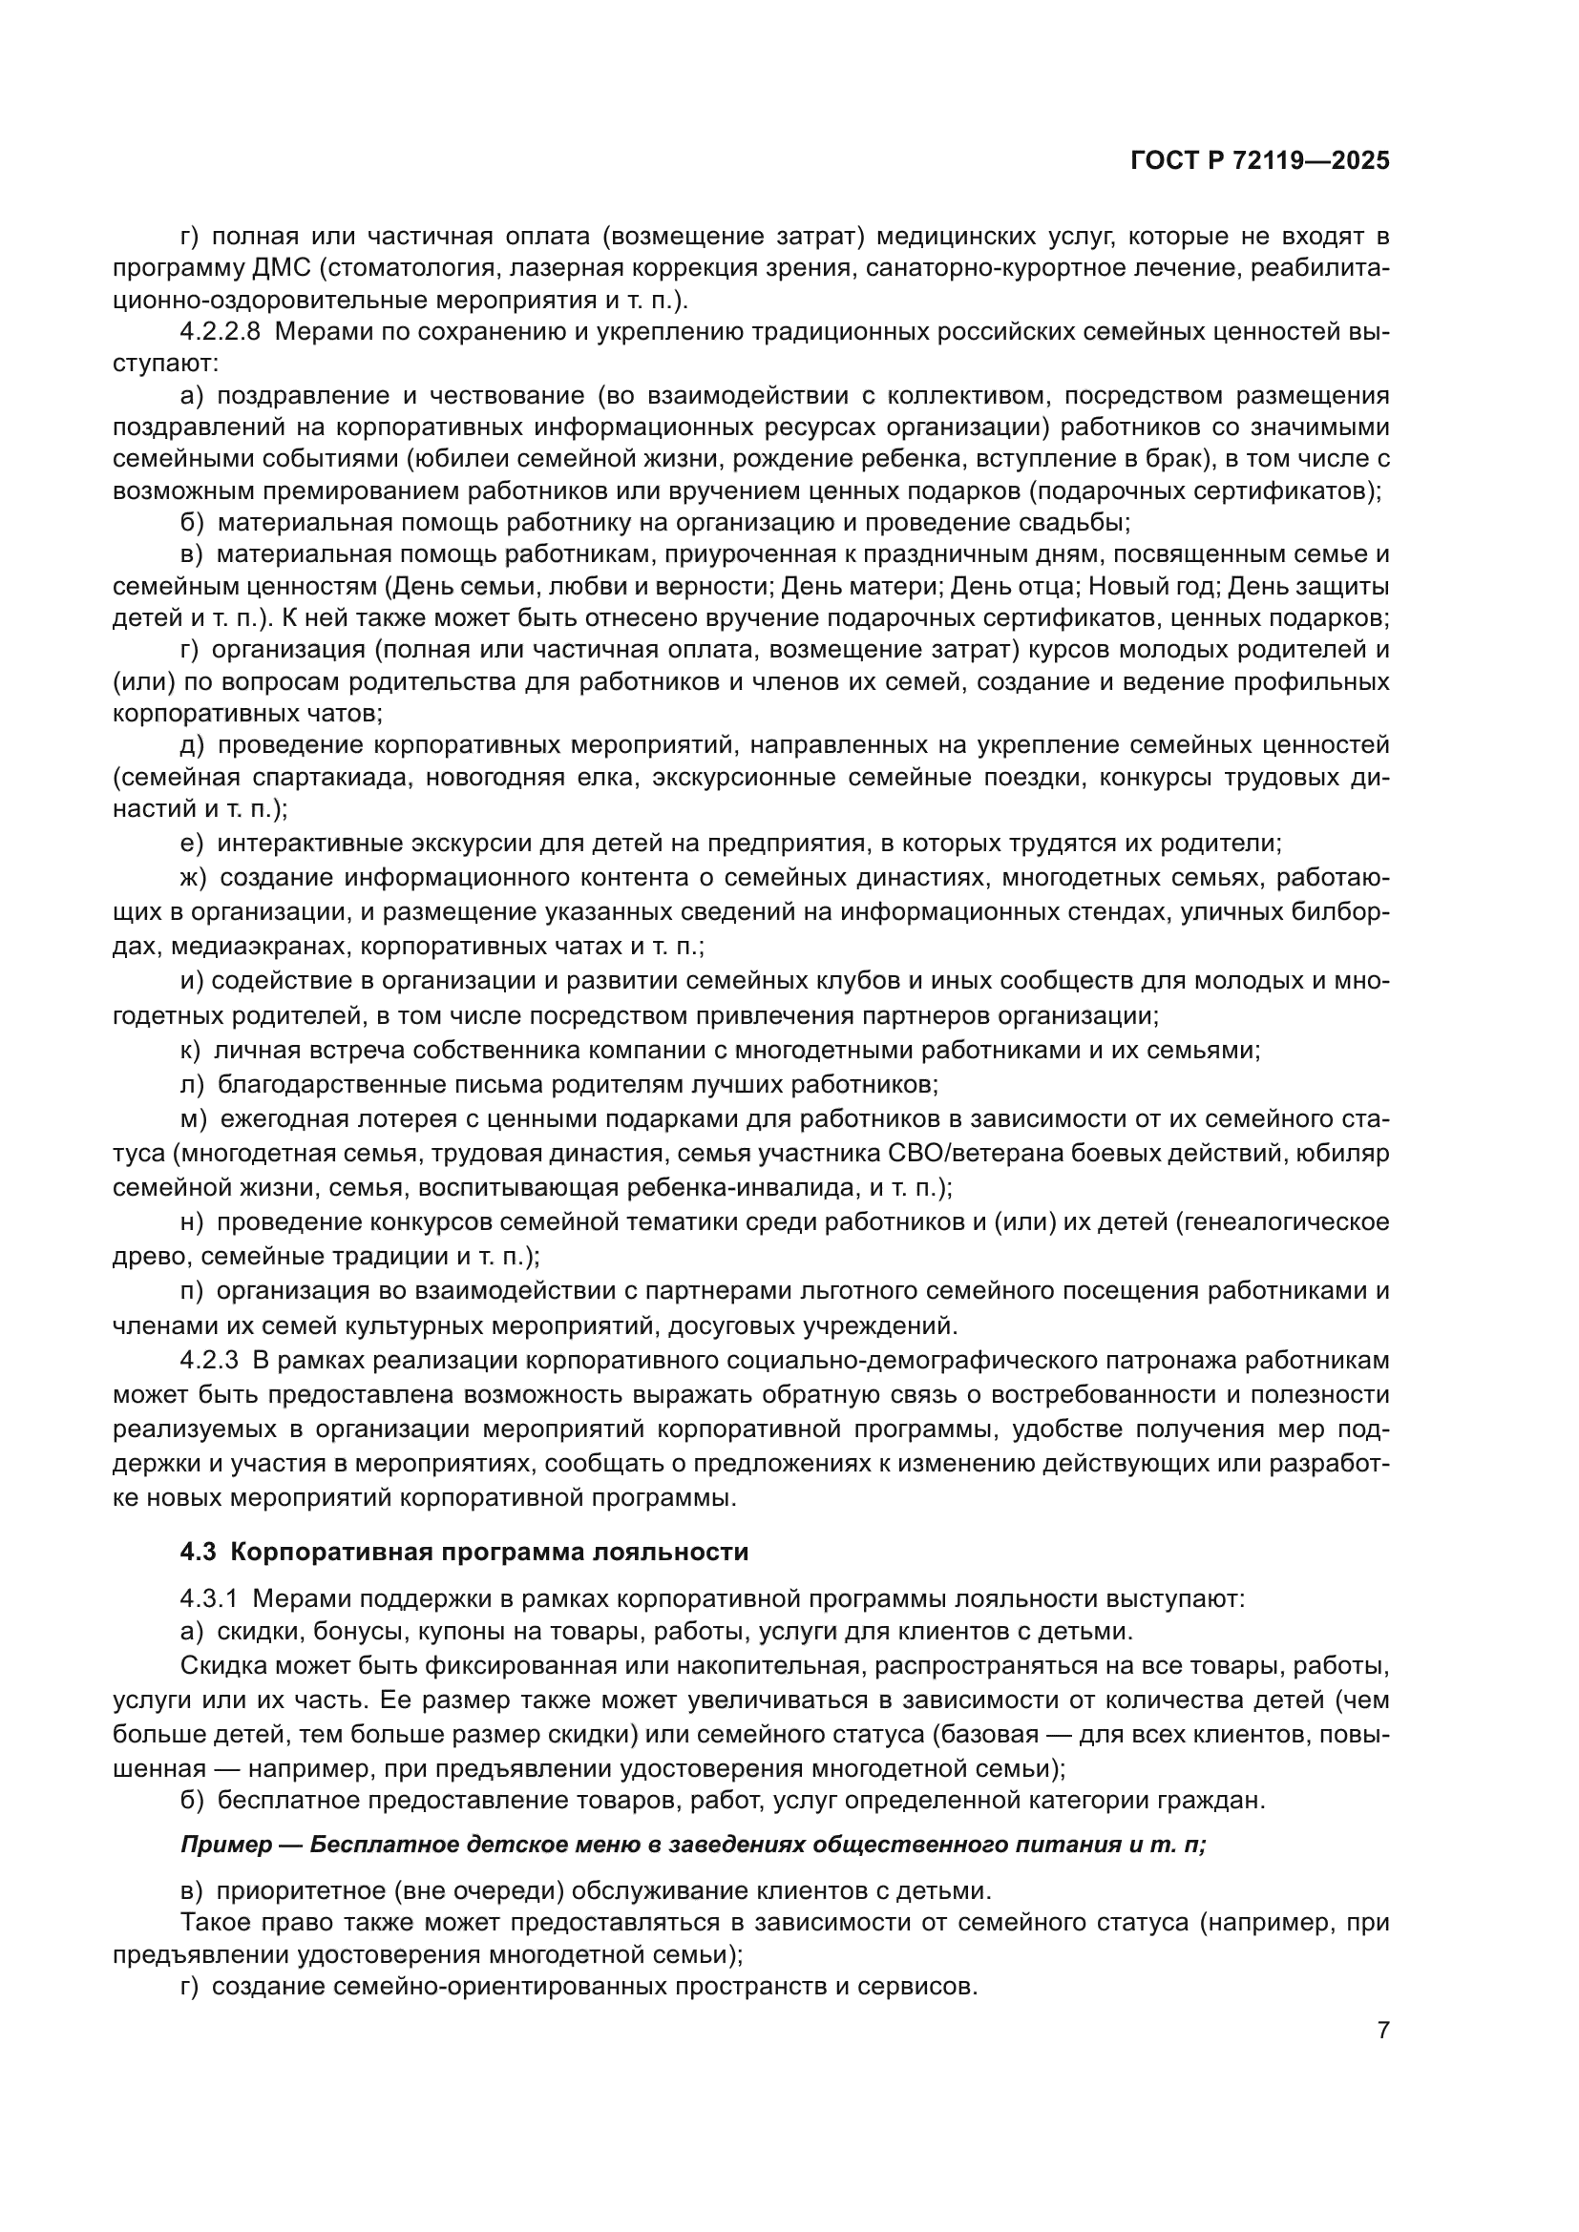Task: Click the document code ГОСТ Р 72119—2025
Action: click(x=1260, y=161)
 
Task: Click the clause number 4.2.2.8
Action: click(x=220, y=332)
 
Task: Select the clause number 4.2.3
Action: click(x=209, y=1360)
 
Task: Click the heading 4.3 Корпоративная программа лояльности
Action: click(x=464, y=1552)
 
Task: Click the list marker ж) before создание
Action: click(x=193, y=878)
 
